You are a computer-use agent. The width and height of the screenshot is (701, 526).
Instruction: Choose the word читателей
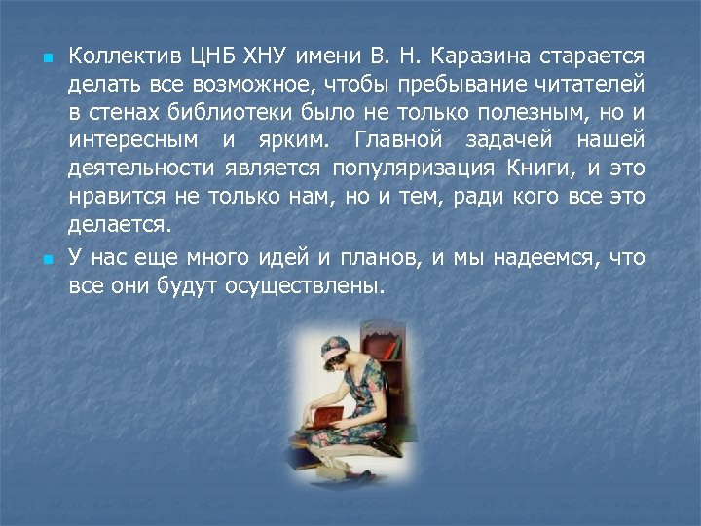[x=589, y=82]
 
